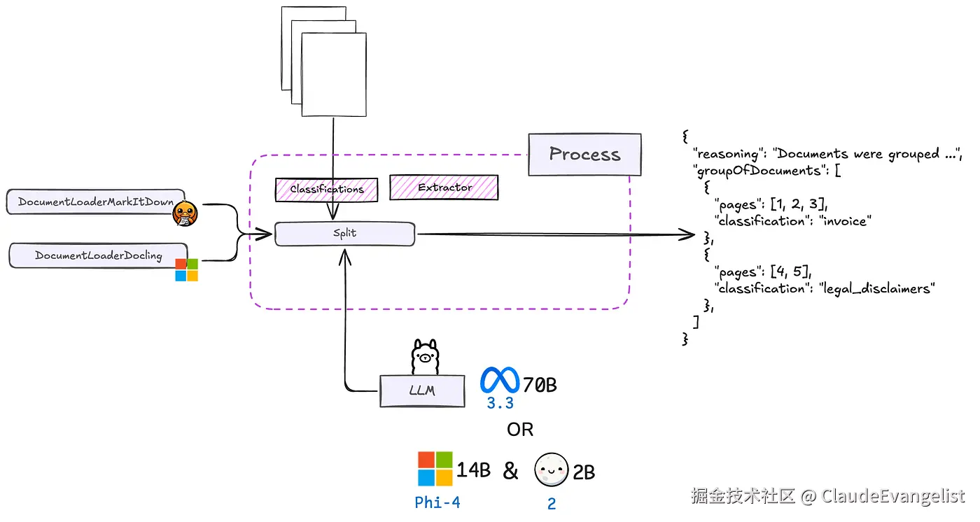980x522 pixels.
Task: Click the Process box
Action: (584, 155)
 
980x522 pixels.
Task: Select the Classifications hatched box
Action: (327, 189)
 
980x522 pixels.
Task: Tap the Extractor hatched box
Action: (444, 188)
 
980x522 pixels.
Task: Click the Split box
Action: (344, 234)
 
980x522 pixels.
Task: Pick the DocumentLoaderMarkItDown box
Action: (95, 202)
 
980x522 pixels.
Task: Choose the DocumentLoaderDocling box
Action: (98, 255)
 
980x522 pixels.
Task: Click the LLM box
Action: (422, 390)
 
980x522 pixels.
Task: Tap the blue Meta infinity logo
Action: (500, 381)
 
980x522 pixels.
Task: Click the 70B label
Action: (540, 384)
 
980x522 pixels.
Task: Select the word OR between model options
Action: (520, 429)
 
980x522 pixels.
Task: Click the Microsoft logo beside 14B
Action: (435, 469)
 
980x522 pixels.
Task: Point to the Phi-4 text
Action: (437, 502)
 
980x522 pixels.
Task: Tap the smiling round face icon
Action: (552, 470)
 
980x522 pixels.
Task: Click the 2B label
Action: (584, 472)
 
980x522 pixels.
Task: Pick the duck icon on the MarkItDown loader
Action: (183, 213)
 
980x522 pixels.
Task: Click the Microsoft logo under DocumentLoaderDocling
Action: (186, 269)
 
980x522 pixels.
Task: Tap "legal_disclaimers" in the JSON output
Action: (877, 288)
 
